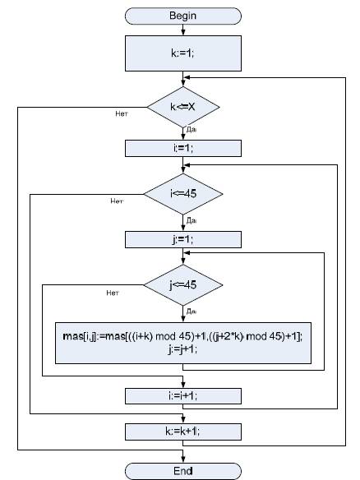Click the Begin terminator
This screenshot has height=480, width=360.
point(183,16)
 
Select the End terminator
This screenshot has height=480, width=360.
point(183,471)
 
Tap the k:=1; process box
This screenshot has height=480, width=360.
point(183,53)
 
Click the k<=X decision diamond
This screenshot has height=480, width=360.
point(183,107)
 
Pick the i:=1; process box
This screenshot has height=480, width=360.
point(183,149)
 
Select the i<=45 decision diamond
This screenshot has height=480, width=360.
point(183,194)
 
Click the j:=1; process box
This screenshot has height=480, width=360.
point(183,239)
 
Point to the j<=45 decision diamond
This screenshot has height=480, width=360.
point(183,285)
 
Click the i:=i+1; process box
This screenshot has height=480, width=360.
point(183,396)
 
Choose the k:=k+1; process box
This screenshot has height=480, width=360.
point(183,432)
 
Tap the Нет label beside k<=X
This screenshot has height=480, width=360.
point(122,114)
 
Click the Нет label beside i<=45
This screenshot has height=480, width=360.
point(117,201)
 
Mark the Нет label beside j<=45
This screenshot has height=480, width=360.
point(113,293)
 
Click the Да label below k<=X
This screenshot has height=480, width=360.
point(192,130)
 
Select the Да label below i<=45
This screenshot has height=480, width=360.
point(192,220)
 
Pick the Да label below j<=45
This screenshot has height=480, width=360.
point(192,312)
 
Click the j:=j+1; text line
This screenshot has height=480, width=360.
point(182,349)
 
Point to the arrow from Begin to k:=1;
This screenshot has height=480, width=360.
point(183,30)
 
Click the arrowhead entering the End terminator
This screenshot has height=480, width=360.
point(183,459)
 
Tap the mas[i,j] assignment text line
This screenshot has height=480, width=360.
point(182,337)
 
